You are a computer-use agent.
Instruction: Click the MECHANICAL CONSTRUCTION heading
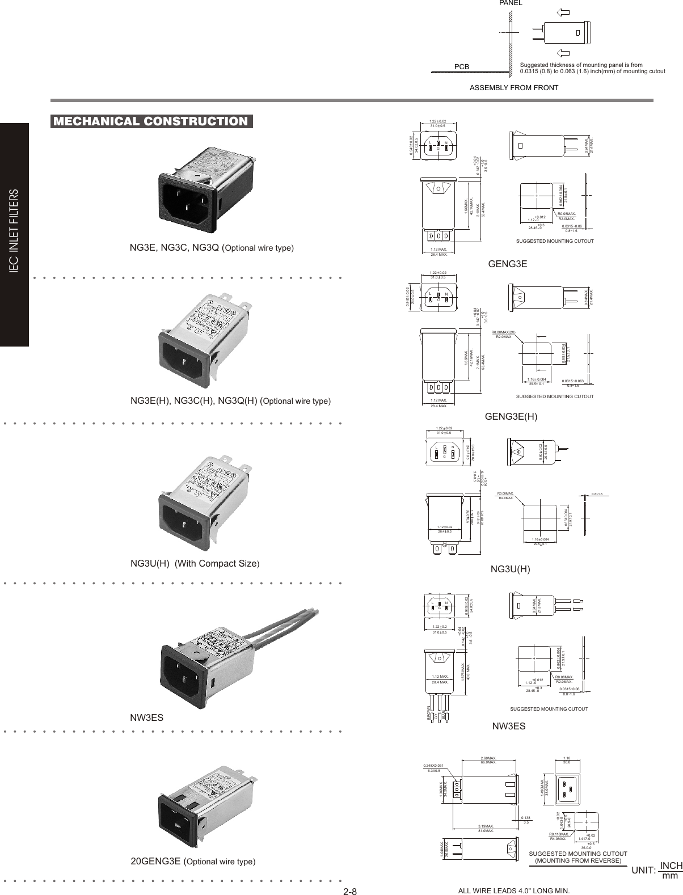point(150,121)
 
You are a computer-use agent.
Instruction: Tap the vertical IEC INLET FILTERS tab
point(15,233)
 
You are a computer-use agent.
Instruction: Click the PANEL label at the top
point(511,3)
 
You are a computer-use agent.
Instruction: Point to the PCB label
point(462,67)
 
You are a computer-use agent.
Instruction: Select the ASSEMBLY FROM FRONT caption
point(514,88)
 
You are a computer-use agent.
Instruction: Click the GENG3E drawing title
point(508,264)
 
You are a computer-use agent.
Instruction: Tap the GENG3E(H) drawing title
point(511,417)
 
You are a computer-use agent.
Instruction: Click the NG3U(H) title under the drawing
point(510,569)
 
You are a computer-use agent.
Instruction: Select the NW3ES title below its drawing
point(508,726)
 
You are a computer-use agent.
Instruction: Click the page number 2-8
point(349,891)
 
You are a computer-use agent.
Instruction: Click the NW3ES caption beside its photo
point(147,717)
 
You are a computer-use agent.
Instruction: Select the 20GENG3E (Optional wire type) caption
point(193,862)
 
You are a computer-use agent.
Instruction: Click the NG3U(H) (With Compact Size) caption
point(195,564)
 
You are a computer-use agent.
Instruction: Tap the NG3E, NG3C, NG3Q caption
point(212,248)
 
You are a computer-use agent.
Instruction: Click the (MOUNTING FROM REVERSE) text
point(578,860)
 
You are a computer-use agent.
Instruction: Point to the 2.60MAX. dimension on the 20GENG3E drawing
point(488,758)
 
